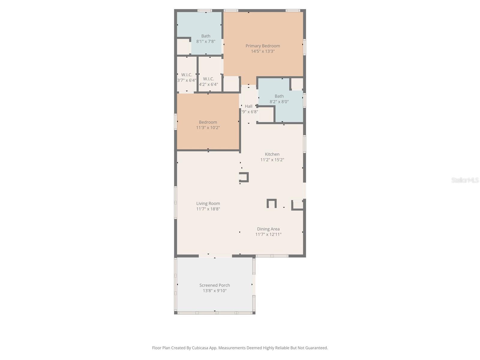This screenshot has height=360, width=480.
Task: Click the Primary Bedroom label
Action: pyautogui.click(x=262, y=46)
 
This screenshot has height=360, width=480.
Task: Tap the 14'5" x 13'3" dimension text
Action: pyautogui.click(x=263, y=51)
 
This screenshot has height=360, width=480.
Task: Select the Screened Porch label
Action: pyautogui.click(x=214, y=285)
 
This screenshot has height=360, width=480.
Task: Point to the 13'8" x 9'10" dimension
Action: pyautogui.click(x=214, y=291)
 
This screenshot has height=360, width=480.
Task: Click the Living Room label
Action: pyautogui.click(x=208, y=203)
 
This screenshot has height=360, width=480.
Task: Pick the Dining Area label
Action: pyautogui.click(x=268, y=229)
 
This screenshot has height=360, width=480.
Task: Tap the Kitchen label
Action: pyautogui.click(x=272, y=154)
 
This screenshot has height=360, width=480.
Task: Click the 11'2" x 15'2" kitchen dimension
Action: pyautogui.click(x=272, y=160)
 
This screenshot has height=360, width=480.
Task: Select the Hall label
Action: pyautogui.click(x=248, y=106)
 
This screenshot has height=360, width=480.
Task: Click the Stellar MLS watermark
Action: pyautogui.click(x=465, y=180)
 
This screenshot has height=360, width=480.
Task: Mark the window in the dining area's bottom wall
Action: pyautogui.click(x=272, y=256)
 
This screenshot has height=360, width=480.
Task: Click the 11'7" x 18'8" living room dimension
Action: pyautogui.click(x=208, y=209)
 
